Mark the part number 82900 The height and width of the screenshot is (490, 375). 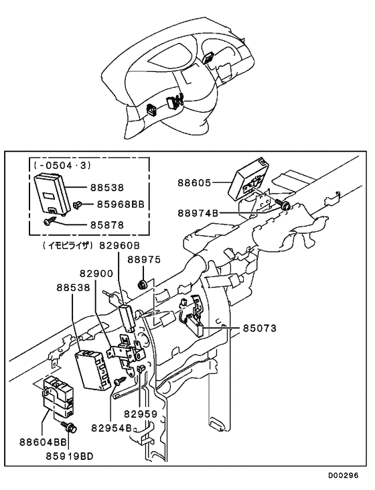pyautogui.click(x=98, y=275)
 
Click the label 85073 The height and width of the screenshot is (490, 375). pyautogui.click(x=259, y=329)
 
